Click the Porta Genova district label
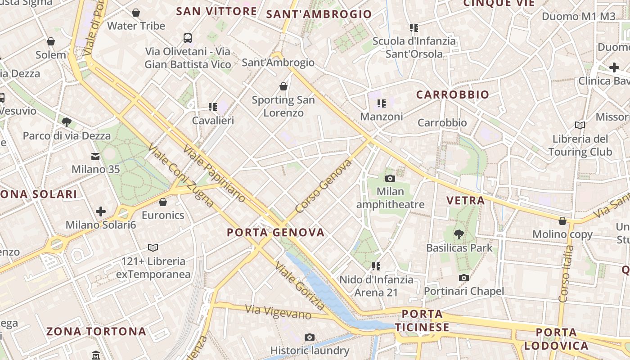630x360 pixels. tap(275, 233)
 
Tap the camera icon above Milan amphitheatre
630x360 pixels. tap(390, 178)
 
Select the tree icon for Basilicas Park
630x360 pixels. tap(459, 234)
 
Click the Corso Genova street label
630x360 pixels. tap(323, 186)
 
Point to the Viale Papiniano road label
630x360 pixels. tap(215, 173)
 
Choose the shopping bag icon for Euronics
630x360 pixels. tap(163, 202)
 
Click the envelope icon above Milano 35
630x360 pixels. tap(95, 157)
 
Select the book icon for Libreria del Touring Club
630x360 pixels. tap(580, 125)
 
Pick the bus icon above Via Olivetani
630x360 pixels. tap(188, 38)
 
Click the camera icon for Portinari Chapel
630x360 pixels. tap(464, 278)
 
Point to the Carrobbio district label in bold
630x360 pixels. tap(452, 95)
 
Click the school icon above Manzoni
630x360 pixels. tap(382, 103)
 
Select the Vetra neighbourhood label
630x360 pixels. tap(465, 201)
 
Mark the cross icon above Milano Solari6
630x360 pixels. tap(101, 211)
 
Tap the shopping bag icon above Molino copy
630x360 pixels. tap(562, 221)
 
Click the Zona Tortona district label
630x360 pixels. tap(96, 332)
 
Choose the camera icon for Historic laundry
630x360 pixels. tap(309, 337)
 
